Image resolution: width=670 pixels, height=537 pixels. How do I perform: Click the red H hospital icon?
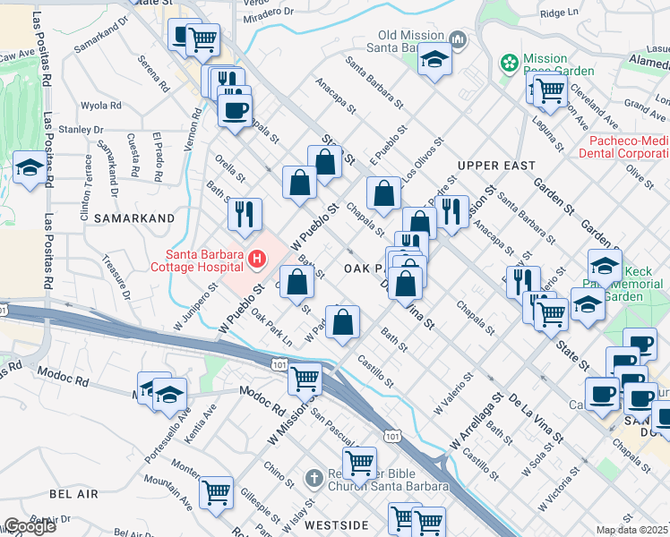tap(257, 260)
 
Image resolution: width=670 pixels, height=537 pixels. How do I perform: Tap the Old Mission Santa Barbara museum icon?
tap(459, 39)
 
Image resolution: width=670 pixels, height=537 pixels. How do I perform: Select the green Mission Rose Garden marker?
tap(509, 64)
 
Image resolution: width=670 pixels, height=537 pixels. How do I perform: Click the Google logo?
tap(29, 526)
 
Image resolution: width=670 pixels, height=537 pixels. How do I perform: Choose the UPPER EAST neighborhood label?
tap(496, 166)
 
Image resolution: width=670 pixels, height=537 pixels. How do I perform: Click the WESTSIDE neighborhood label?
tap(336, 525)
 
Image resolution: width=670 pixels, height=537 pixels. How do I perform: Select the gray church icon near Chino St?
tap(313, 478)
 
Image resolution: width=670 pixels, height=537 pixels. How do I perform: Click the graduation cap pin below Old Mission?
tap(435, 60)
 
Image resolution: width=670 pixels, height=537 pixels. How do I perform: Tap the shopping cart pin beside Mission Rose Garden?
tap(549, 89)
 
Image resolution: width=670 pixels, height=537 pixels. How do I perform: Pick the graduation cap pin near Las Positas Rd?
tap(30, 168)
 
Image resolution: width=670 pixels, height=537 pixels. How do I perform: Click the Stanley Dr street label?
tap(82, 130)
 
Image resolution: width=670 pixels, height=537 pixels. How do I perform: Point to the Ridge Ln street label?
tap(560, 13)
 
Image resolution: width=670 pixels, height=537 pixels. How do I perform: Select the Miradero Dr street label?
tap(269, 12)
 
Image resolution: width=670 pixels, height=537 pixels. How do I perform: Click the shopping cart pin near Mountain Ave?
tap(216, 492)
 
